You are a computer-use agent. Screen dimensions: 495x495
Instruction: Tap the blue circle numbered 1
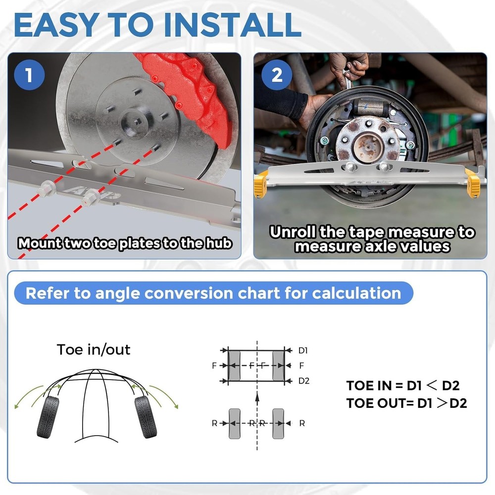tap(29, 75)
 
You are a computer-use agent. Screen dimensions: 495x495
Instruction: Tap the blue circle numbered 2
tap(277, 75)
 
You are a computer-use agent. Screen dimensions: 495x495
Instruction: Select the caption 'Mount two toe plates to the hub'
tap(125, 243)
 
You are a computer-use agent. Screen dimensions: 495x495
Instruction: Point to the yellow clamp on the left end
tap(261, 182)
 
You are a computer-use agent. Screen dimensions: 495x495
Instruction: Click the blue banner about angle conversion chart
tap(213, 293)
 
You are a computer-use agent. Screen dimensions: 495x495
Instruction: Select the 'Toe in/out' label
tap(94, 349)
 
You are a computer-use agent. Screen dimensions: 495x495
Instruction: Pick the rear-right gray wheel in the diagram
tap(279, 423)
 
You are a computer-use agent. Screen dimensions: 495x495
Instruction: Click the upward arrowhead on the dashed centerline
tap(257, 396)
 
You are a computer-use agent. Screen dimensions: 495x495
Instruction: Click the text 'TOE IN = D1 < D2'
tap(406, 386)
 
